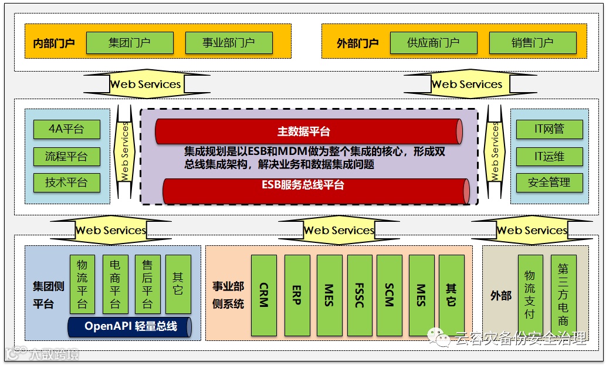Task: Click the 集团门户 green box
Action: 130,43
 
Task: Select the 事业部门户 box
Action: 229,43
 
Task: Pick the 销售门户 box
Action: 532,43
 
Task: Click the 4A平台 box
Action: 66,129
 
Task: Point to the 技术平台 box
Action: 66,182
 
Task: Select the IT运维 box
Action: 549,156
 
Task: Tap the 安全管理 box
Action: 549,182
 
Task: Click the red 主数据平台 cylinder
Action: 309,131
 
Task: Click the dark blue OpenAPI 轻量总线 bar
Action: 130,326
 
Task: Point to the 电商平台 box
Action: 115,284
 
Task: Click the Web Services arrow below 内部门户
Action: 146,84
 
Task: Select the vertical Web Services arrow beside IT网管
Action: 495,151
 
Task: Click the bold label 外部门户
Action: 357,43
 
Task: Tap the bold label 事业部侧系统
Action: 228,295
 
